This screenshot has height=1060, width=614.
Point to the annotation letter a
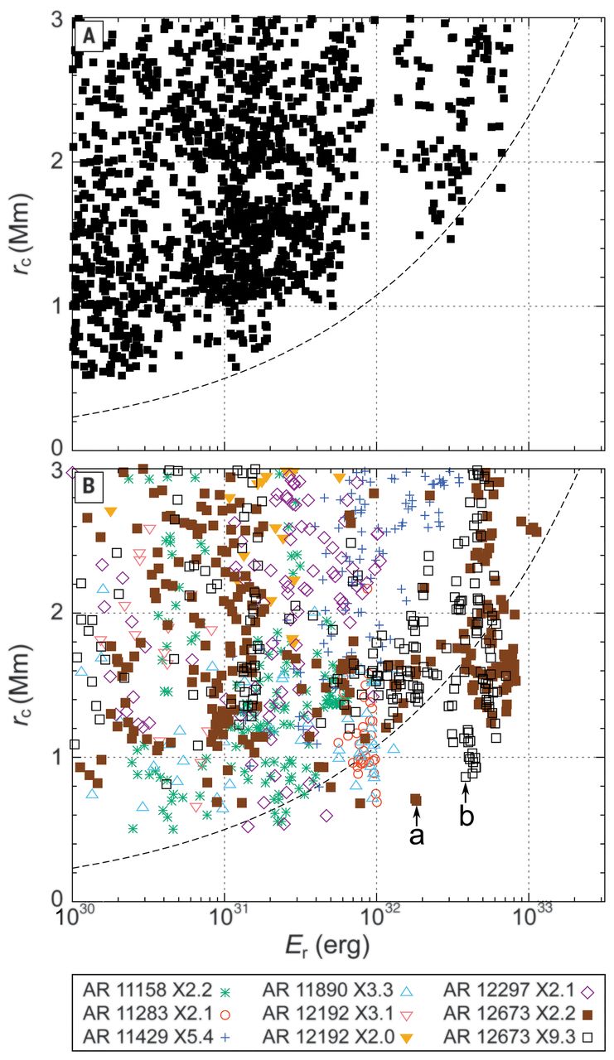[417, 836]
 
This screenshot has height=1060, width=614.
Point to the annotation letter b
[467, 817]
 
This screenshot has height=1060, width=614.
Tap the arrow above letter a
[417, 815]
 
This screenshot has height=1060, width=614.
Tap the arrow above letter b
[467, 791]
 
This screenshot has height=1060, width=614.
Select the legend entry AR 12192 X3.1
[344, 1012]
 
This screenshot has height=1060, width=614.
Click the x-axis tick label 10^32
[377, 918]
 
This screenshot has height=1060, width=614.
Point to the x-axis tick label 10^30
[74, 918]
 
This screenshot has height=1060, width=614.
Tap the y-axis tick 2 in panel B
[55, 612]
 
